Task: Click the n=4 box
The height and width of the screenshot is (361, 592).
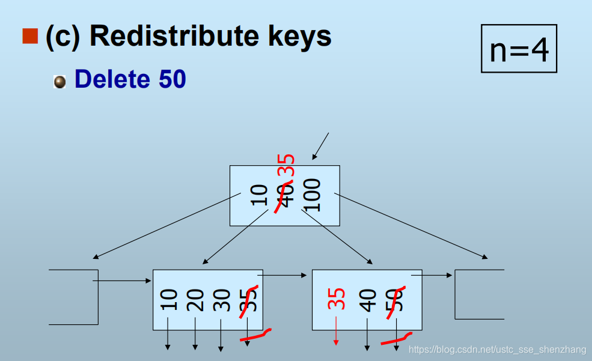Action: click(519, 49)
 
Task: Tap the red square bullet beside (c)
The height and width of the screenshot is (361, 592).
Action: click(30, 36)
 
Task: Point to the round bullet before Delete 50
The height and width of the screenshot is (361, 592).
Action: click(60, 81)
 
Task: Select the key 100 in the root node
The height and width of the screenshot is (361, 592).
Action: click(312, 195)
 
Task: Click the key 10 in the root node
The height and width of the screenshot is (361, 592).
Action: click(258, 195)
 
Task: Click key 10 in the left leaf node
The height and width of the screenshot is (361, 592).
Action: click(169, 300)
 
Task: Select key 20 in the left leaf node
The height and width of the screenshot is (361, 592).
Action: click(195, 300)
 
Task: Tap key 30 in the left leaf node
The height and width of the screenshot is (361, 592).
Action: click(222, 300)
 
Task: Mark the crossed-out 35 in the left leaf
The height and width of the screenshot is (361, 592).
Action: click(249, 300)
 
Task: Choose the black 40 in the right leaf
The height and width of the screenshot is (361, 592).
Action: click(368, 300)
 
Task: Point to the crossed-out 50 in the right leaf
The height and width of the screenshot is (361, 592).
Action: click(395, 300)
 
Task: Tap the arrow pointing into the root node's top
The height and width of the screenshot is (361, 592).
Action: click(320, 146)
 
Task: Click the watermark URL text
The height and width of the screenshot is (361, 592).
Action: click(497, 350)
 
